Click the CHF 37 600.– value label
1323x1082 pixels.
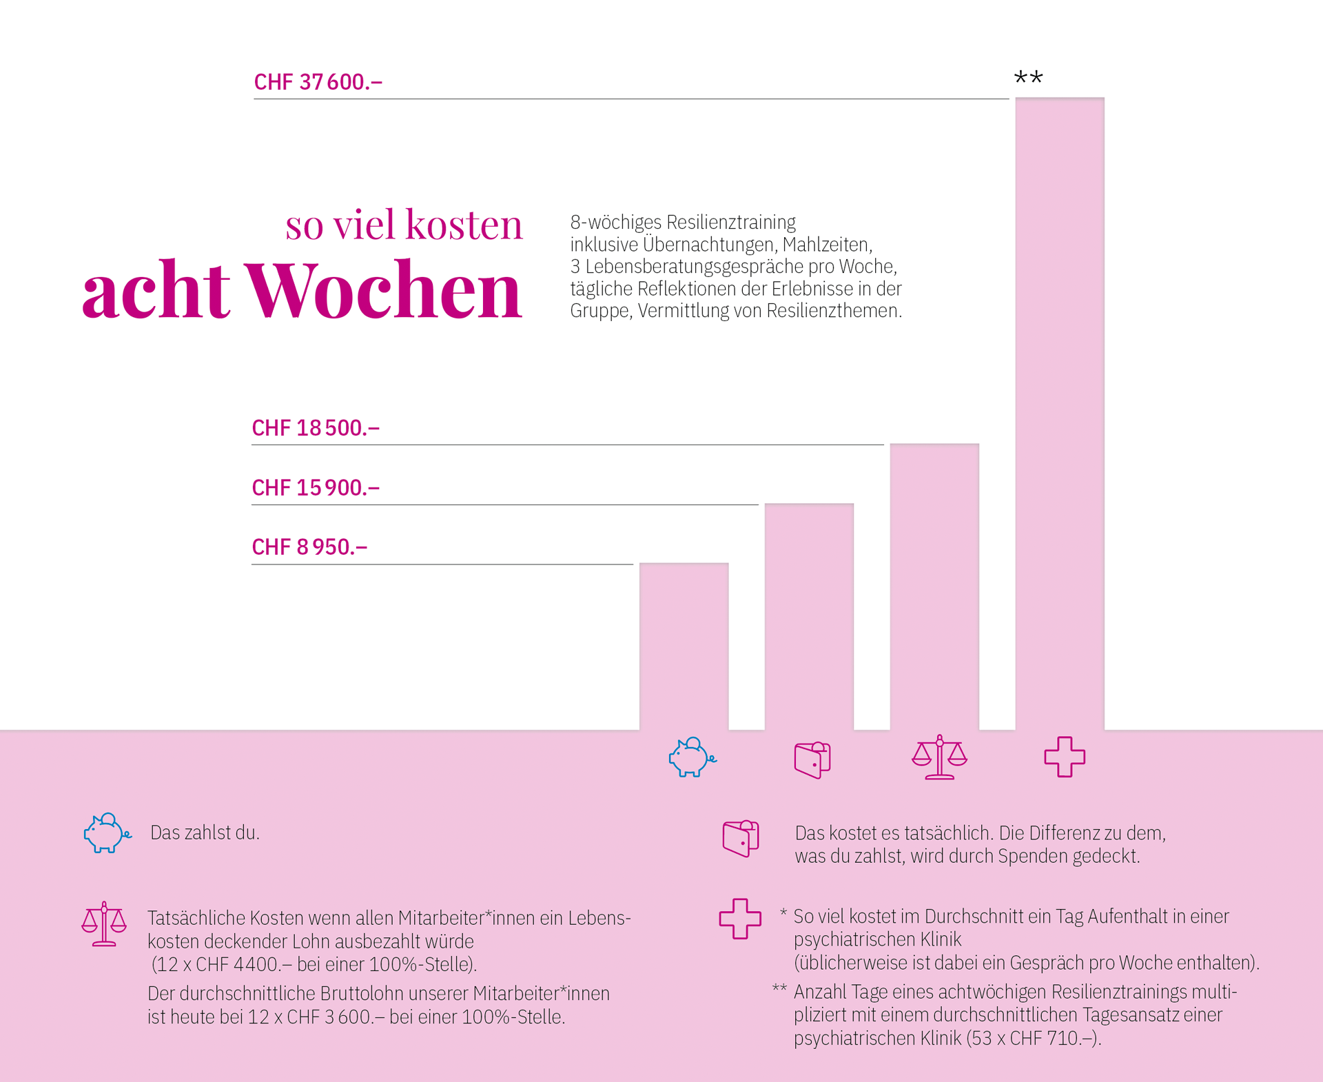(318, 82)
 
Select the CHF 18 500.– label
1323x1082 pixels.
(316, 428)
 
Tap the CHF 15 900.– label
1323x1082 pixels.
(316, 488)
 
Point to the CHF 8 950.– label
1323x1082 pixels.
(309, 547)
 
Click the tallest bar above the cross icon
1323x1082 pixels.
(1059, 414)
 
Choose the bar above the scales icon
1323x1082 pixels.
(934, 586)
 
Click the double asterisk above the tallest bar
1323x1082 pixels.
(1028, 78)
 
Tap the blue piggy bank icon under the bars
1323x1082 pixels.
(691, 757)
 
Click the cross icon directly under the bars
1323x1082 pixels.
(1065, 757)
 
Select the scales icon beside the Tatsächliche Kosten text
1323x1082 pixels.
(104, 924)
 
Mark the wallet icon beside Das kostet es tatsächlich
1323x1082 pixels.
(741, 838)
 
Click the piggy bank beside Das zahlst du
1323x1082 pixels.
(106, 833)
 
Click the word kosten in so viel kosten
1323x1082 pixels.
(464, 225)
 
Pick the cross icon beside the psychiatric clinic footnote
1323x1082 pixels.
(740, 919)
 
